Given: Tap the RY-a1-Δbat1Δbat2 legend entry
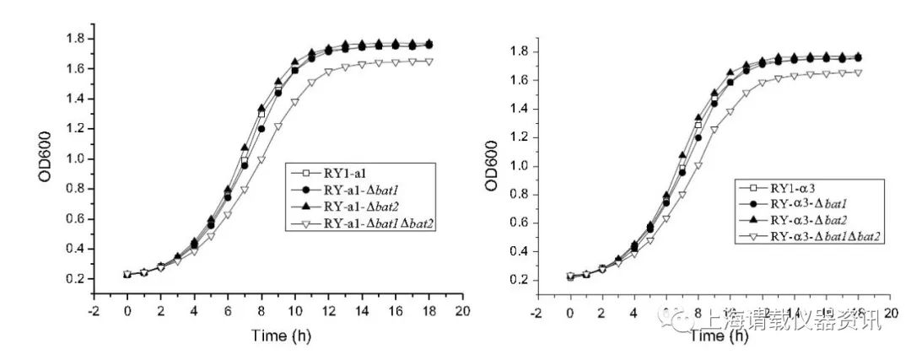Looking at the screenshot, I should [x=371, y=223].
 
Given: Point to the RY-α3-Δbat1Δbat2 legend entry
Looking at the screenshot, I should [x=814, y=238].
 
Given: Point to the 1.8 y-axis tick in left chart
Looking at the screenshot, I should [x=75, y=39].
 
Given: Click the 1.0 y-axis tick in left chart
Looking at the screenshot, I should [x=75, y=159].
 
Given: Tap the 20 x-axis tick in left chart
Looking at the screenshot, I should [x=461, y=310].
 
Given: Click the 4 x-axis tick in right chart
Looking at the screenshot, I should [x=635, y=311].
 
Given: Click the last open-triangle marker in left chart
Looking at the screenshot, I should [x=428, y=62].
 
